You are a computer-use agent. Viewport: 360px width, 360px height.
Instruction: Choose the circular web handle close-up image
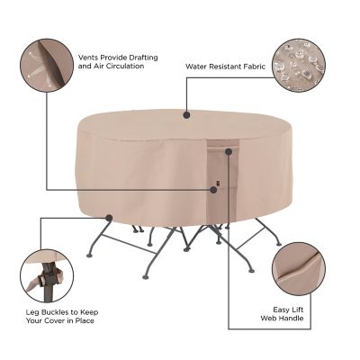pyautogui.click(x=296, y=267)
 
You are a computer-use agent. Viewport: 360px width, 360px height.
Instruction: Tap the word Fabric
pyautogui.click(x=255, y=66)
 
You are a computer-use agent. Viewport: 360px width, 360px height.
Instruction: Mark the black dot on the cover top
pyautogui.click(x=186, y=114)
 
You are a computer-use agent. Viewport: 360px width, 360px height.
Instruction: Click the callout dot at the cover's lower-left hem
pyautogui.click(x=108, y=217)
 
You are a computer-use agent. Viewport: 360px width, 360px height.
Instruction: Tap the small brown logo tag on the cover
pyautogui.click(x=214, y=189)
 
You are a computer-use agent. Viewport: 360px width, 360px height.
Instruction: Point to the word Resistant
pyautogui.click(x=228, y=66)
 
